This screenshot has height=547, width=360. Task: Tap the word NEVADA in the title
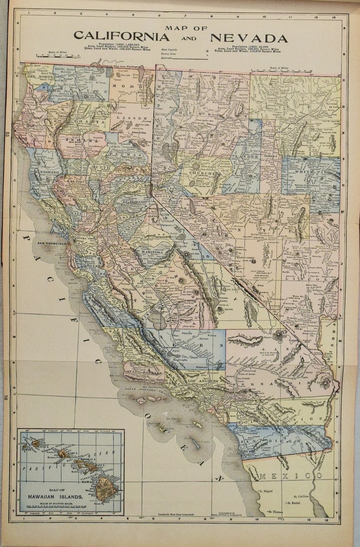coord(248,38)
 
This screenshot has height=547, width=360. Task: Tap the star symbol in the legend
coord(207,50)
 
